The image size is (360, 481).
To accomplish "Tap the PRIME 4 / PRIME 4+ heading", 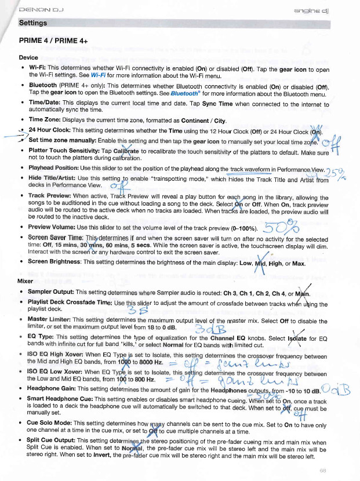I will (56, 42).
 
